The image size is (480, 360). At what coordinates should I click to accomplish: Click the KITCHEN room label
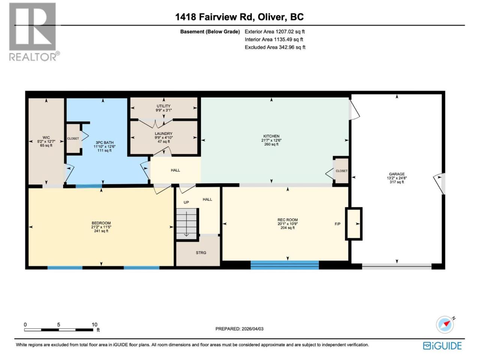click(271, 136)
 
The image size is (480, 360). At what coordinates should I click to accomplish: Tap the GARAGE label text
click(397, 174)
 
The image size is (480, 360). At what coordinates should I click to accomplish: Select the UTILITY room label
click(163, 106)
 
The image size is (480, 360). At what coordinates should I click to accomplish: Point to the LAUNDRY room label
click(163, 133)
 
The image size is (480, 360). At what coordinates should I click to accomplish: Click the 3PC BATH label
click(105, 142)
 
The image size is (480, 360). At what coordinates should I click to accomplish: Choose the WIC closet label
click(46, 138)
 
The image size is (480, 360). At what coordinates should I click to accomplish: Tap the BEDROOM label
click(101, 223)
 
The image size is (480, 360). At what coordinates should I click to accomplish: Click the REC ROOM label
click(288, 220)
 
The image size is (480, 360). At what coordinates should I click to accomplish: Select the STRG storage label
click(201, 253)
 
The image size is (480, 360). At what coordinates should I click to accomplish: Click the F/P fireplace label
click(337, 224)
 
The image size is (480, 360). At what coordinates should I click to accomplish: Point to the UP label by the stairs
click(186, 202)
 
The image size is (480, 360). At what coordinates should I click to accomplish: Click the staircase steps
click(186, 224)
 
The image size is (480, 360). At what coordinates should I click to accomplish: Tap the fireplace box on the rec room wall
click(354, 223)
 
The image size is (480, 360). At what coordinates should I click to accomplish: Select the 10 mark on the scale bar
click(94, 325)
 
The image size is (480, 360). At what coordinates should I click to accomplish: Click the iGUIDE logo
click(442, 346)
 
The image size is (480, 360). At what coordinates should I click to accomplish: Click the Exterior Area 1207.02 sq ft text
click(274, 31)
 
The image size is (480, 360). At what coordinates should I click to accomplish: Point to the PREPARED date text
click(239, 329)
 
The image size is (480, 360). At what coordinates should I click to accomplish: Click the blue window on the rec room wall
click(285, 265)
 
